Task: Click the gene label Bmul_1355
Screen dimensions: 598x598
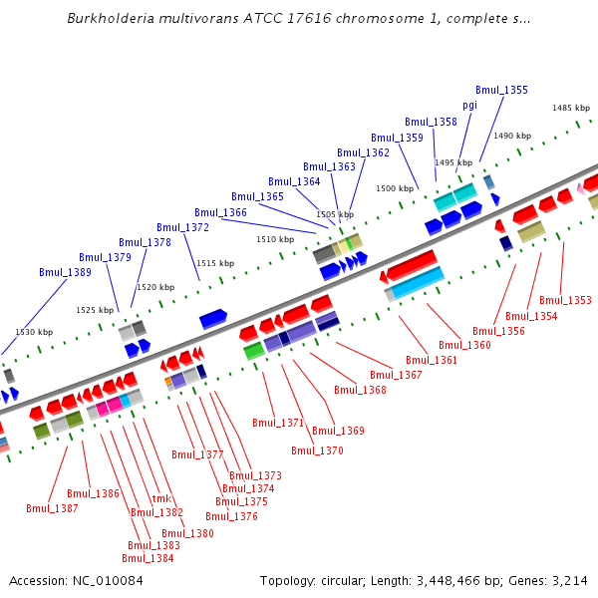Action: pyautogui.click(x=501, y=90)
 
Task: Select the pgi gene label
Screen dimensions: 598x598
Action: pyautogui.click(x=469, y=106)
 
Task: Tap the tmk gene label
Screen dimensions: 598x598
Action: pyautogui.click(x=161, y=499)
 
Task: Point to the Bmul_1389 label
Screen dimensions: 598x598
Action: pyautogui.click(x=65, y=272)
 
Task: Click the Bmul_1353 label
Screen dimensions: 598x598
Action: pyautogui.click(x=565, y=300)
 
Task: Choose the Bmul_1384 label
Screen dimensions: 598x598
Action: pyautogui.click(x=150, y=558)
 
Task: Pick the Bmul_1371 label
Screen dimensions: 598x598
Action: pyautogui.click(x=278, y=423)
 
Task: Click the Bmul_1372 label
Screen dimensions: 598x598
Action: pyautogui.click(x=182, y=228)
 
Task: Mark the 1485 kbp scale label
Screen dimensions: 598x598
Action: pyautogui.click(x=571, y=109)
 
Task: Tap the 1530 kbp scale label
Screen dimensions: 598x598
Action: pyautogui.click(x=34, y=332)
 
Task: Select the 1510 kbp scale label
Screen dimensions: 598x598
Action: pyautogui.click(x=275, y=240)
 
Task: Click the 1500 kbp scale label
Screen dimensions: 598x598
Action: pyautogui.click(x=394, y=188)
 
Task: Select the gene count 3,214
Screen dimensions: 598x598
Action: pyautogui.click(x=569, y=580)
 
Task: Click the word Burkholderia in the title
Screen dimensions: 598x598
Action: pyautogui.click(x=110, y=19)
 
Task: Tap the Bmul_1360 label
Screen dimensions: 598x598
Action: pyautogui.click(x=465, y=345)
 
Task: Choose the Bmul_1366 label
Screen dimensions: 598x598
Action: pyautogui.click(x=220, y=212)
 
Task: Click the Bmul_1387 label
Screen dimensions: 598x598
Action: pyautogui.click(x=52, y=508)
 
